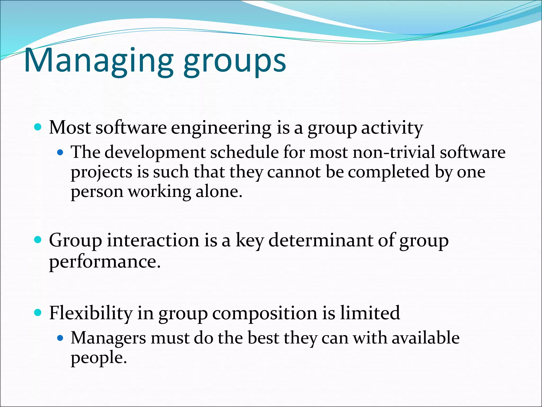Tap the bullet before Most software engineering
[38, 127]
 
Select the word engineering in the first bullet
[221, 128]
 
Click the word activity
[392, 128]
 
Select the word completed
[388, 172]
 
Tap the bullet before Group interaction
[38, 240]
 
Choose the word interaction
[153, 241]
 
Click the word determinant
[320, 241]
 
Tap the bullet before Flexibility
[38, 313]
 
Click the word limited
[370, 313]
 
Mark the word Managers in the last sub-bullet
[108, 338]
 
